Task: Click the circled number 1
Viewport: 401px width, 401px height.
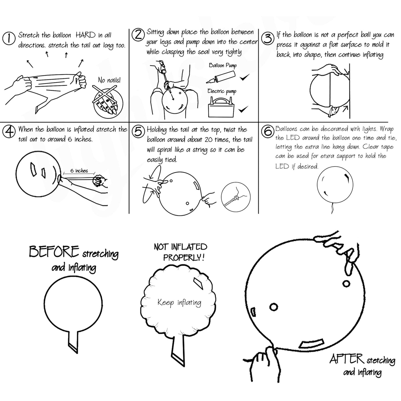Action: pyautogui.click(x=9, y=38)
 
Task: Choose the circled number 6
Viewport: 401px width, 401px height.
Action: pyautogui.click(x=268, y=131)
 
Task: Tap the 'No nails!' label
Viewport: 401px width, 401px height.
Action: pyautogui.click(x=109, y=80)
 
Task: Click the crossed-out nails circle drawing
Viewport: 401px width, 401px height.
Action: pyautogui.click(x=108, y=102)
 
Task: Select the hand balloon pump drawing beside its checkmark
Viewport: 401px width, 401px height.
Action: pyautogui.click(x=221, y=77)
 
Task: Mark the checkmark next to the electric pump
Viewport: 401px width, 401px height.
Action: pyautogui.click(x=243, y=109)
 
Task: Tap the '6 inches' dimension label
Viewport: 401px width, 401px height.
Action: pyautogui.click(x=79, y=171)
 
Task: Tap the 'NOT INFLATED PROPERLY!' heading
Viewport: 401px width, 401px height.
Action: pyautogui.click(x=181, y=252)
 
